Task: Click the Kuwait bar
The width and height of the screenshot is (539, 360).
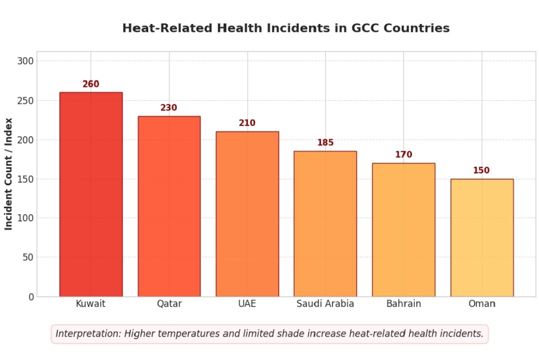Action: tap(91, 194)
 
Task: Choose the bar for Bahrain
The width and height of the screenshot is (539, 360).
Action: tap(403, 230)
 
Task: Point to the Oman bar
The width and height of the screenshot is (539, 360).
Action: tap(482, 238)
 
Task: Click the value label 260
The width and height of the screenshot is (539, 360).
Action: tap(91, 84)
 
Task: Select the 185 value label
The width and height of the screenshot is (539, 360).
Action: tap(325, 143)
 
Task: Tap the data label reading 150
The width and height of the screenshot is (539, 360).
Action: tap(481, 171)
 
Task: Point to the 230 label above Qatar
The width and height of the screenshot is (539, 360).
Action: tap(169, 108)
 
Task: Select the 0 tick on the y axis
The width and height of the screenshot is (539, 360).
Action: tap(31, 297)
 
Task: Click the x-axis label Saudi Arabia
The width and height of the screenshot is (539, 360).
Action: tap(325, 304)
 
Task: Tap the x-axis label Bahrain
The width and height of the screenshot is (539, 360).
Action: tap(403, 304)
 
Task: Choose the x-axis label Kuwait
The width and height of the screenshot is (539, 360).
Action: tap(91, 304)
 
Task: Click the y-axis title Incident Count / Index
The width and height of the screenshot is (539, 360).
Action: tap(8, 174)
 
